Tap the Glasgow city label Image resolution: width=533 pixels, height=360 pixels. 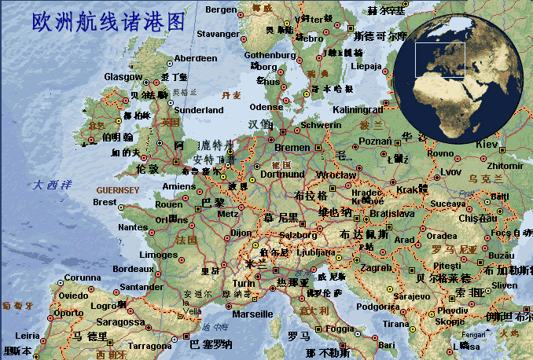(123, 76)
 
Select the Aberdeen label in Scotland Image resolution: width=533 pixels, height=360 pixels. (196, 58)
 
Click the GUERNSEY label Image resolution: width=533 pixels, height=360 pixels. (117, 190)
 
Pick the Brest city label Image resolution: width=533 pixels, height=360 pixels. (105, 202)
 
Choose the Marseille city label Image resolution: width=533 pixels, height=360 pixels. (253, 314)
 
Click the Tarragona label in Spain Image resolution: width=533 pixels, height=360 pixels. (149, 345)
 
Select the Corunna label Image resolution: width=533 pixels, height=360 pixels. (82, 277)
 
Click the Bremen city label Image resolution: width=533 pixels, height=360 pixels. (292, 147)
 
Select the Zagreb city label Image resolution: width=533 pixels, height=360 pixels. (375, 268)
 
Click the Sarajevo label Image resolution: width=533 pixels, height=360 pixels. (411, 296)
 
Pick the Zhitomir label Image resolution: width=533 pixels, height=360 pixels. (505, 166)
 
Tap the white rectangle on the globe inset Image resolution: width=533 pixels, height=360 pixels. (440, 60)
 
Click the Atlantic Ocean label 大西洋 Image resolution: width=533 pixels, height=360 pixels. (52, 185)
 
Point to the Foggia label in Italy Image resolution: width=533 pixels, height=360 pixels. (340, 329)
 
